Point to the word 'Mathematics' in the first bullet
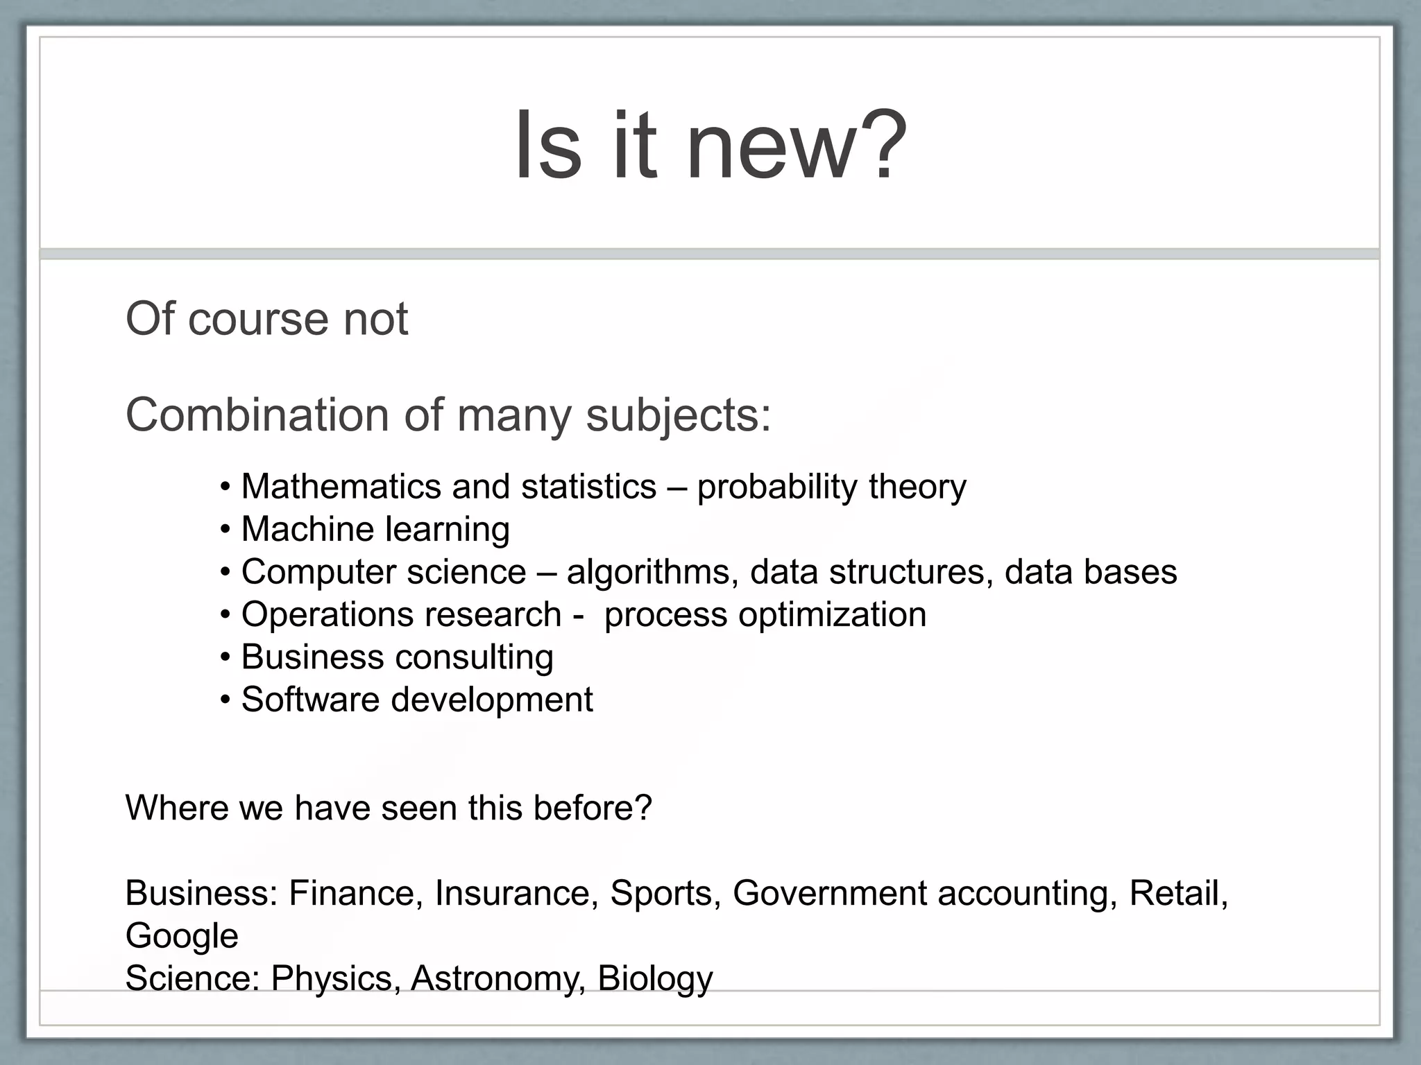[x=341, y=487]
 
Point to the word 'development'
[x=492, y=700]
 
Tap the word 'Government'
[x=830, y=893]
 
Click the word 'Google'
[x=182, y=937]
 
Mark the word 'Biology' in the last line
[x=655, y=979]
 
